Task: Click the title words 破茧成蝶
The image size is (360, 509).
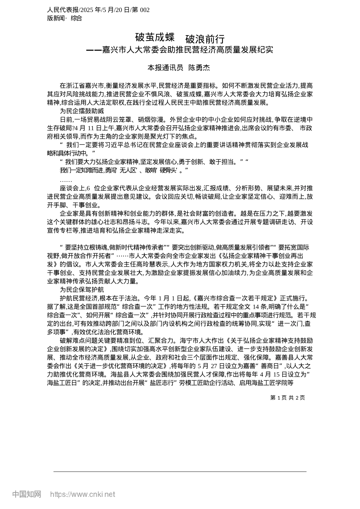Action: (155, 37)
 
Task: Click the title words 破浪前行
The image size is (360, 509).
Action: (205, 39)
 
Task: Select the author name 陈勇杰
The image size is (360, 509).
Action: (199, 68)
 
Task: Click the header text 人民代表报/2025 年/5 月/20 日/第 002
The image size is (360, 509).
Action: (98, 10)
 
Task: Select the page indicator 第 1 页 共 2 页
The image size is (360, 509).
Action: (287, 398)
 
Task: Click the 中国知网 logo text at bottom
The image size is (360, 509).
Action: (27, 494)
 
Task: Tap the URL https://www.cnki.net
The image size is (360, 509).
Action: (83, 494)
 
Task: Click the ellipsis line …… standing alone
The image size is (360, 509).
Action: (66, 180)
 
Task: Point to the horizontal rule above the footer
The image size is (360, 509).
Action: (180, 472)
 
